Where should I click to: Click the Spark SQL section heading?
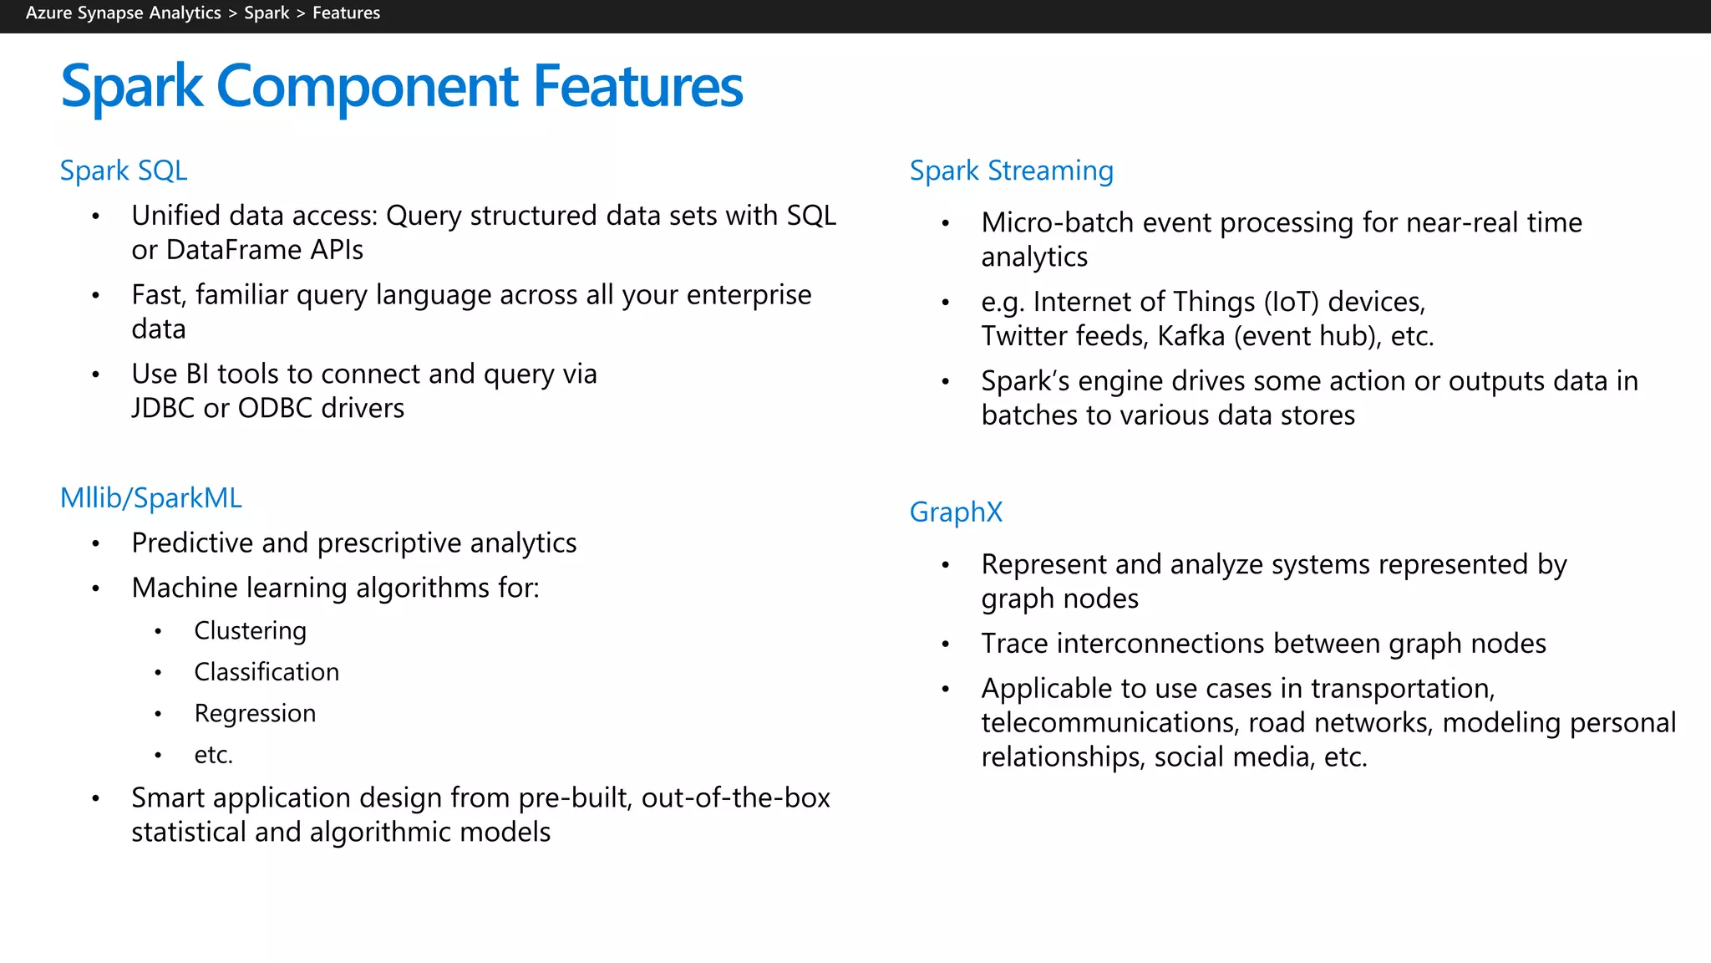[123, 171]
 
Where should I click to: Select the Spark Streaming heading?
[1011, 171]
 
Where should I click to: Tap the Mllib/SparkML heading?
[150, 498]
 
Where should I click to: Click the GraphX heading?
[955, 512]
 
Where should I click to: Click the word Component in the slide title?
[367, 86]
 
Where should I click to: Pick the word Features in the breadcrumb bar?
[346, 13]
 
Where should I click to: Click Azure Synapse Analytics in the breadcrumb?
[123, 13]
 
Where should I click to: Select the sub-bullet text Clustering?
[250, 630]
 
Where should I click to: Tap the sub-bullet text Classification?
[267, 672]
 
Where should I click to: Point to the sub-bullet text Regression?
[255, 713]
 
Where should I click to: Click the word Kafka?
[1191, 336]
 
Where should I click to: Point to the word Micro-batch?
[1058, 222]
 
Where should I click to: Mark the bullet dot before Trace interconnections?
[946, 645]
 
